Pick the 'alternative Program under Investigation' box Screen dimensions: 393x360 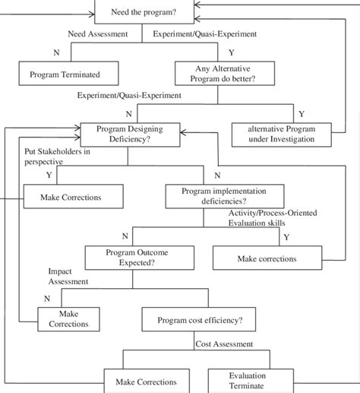point(280,134)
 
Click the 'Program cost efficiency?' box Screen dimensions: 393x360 point(201,320)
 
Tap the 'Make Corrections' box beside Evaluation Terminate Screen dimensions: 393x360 point(146,381)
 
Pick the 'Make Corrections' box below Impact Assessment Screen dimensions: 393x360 point(68,319)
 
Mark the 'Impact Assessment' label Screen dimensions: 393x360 point(68,276)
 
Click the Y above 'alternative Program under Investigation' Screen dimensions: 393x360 point(301,113)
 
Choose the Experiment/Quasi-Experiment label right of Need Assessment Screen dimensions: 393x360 point(204,33)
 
